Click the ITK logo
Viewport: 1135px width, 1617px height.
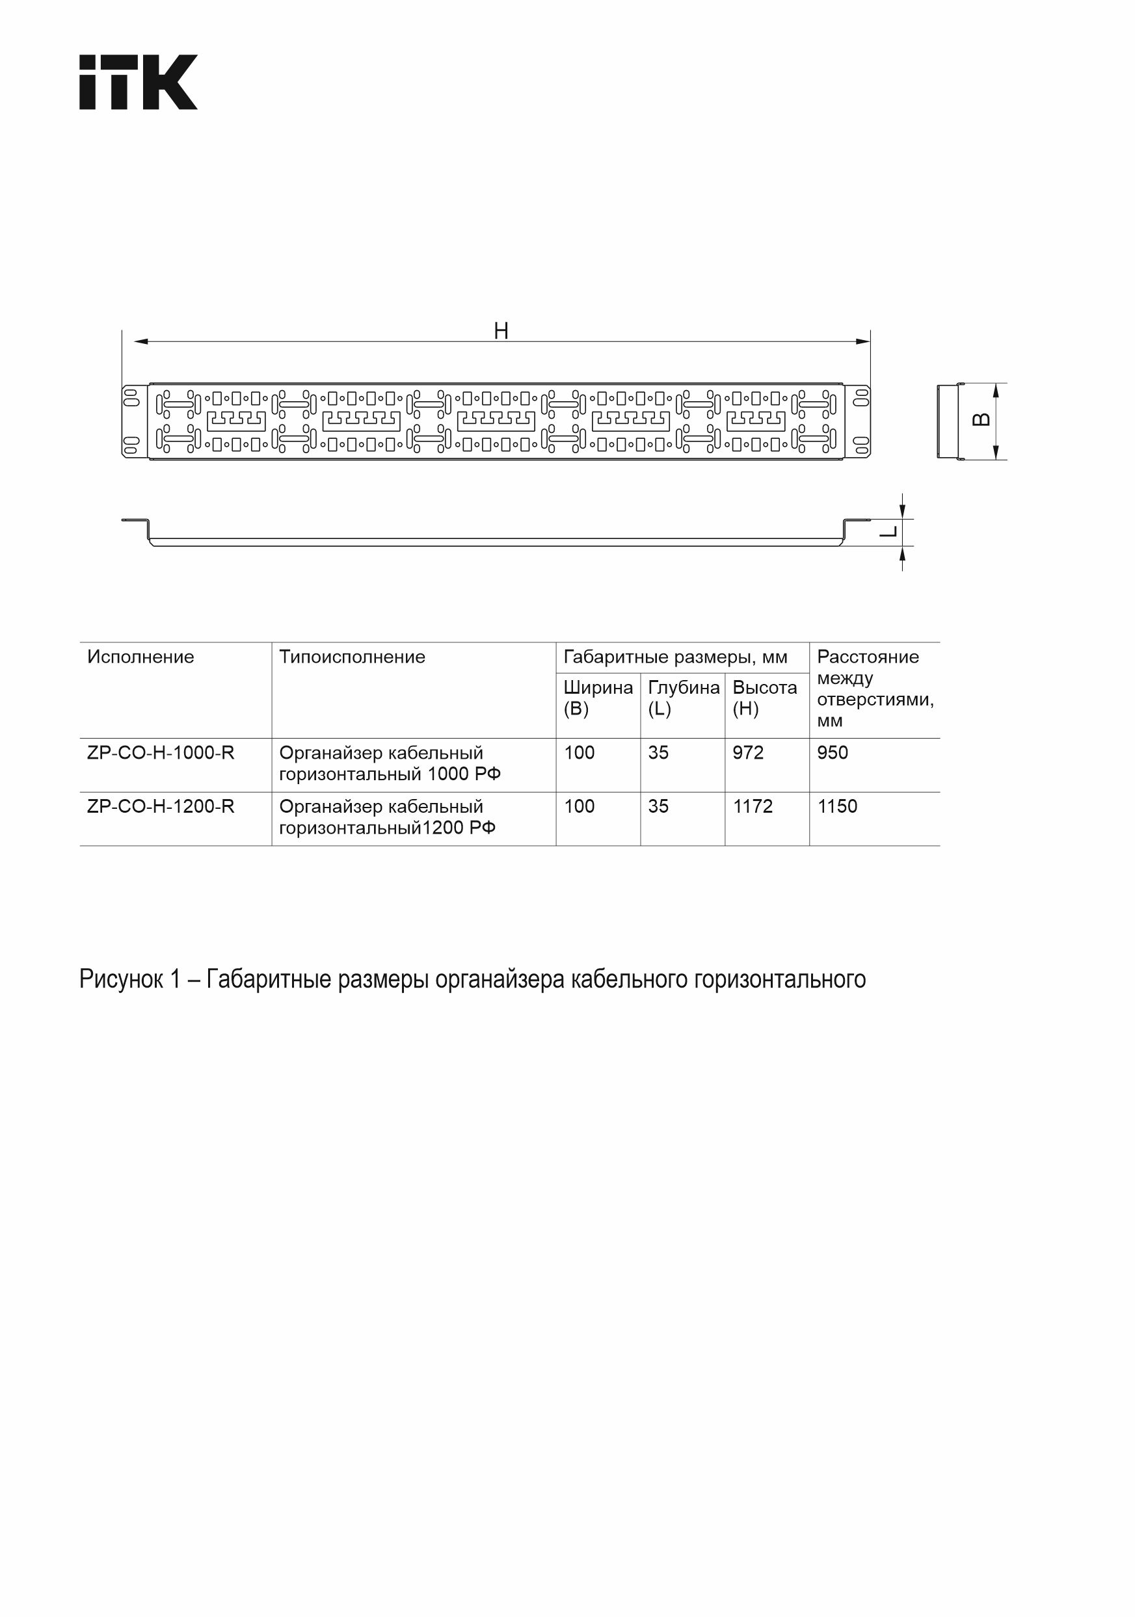138,82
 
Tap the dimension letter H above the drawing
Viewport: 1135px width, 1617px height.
501,330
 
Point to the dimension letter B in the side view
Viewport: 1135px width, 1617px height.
981,420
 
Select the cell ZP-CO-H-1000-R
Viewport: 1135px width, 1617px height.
161,752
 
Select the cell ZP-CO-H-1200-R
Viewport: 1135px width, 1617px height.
161,806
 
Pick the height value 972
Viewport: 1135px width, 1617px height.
747,752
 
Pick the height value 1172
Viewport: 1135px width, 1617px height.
753,806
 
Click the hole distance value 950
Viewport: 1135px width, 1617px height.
832,752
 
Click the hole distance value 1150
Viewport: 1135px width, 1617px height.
837,806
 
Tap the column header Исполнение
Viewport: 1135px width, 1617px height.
140,657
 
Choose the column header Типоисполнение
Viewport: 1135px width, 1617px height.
353,657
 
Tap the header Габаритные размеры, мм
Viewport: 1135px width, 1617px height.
675,657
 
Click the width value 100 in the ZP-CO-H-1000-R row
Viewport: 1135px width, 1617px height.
579,752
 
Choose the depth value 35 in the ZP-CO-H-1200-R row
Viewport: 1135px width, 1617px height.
658,806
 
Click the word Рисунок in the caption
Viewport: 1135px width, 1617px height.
120,979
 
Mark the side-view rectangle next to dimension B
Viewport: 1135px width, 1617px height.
949,421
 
